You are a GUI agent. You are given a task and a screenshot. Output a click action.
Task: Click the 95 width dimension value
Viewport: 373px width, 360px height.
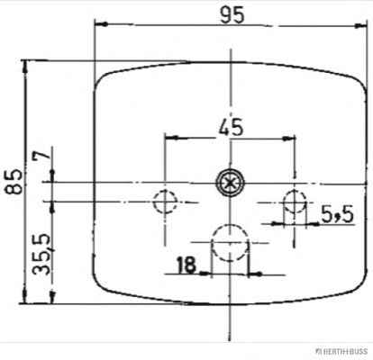232,15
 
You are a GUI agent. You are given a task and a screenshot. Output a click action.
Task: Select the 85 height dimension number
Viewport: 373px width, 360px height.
14,182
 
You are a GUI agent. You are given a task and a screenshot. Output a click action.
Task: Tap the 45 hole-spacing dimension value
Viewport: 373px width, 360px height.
231,128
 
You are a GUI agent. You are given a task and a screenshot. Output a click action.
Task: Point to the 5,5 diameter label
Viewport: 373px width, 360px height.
338,215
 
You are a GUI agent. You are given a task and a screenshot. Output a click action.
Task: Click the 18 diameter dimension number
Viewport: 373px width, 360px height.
186,265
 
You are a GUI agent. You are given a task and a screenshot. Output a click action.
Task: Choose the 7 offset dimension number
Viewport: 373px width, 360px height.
41,155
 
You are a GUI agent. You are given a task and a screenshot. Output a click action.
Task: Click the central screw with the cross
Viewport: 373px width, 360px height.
230,183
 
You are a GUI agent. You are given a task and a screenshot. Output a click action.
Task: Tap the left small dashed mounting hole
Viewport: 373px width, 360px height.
165,202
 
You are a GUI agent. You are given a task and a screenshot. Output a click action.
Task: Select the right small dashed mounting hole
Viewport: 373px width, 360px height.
295,202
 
